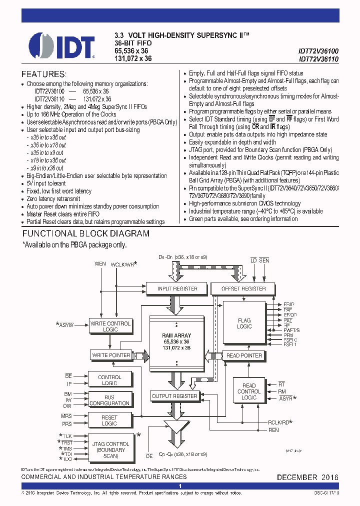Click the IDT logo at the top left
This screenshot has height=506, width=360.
click(61, 46)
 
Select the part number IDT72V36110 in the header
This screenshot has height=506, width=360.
click(318, 58)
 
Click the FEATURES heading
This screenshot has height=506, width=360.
click(43, 73)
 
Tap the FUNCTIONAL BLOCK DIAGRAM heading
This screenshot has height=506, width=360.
click(86, 233)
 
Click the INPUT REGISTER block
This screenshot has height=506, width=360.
click(177, 288)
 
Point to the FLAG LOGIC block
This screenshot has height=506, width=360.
click(244, 323)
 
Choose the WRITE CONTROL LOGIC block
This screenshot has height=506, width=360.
click(110, 326)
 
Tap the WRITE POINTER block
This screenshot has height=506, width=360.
click(111, 355)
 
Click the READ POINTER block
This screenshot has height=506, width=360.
click(244, 355)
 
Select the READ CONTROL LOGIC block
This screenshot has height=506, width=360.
click(248, 391)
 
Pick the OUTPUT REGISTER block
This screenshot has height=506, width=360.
click(174, 396)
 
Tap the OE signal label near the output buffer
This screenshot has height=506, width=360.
click(148, 455)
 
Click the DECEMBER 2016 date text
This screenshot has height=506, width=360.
click(307, 477)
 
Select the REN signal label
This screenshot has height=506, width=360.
click(273, 430)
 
